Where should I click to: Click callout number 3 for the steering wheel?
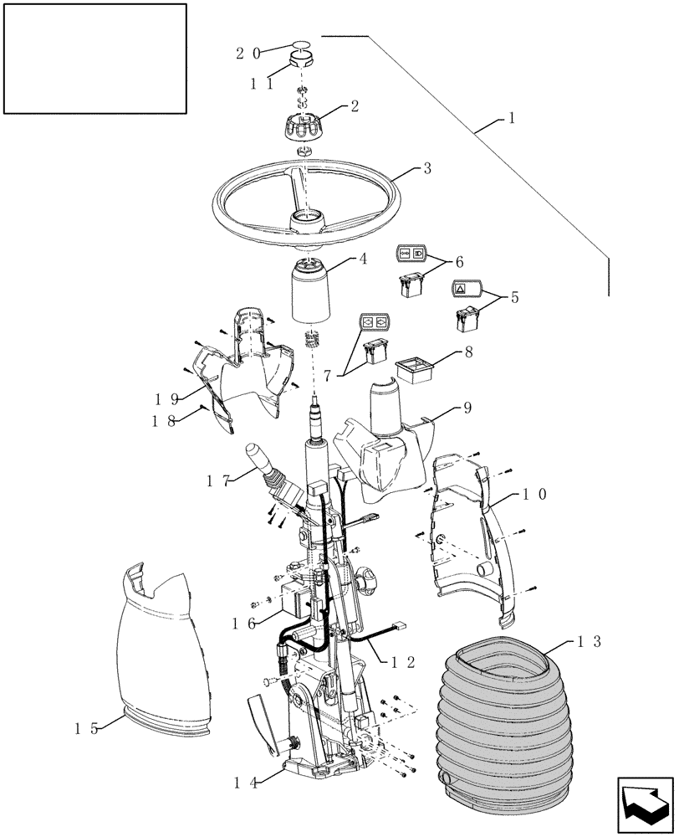pos(426,168)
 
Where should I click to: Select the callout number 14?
pos(244,783)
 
